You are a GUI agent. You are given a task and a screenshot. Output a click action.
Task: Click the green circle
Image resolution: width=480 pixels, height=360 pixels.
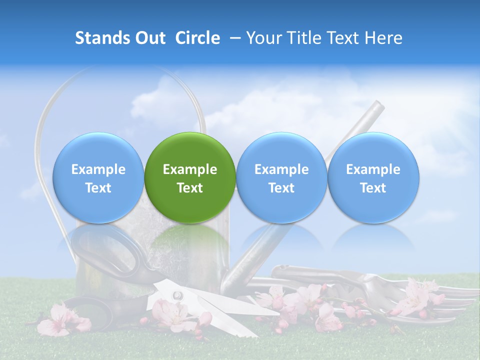pyautogui.click(x=190, y=178)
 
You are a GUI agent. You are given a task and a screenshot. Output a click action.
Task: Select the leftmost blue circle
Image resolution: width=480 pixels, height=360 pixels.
pyautogui.click(x=98, y=178)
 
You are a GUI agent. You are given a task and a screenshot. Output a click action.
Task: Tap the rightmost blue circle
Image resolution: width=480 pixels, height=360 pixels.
pyautogui.click(x=373, y=178)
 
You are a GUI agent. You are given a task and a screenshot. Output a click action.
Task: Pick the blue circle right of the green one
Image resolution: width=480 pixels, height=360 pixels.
pyautogui.click(x=281, y=178)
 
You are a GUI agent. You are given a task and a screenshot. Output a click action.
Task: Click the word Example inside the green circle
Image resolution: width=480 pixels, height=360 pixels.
pyautogui.click(x=190, y=169)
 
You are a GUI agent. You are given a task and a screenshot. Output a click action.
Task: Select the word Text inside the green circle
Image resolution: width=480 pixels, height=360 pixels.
pyautogui.click(x=190, y=188)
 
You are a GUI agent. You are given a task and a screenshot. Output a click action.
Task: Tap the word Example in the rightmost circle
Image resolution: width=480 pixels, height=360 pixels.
pyautogui.click(x=373, y=169)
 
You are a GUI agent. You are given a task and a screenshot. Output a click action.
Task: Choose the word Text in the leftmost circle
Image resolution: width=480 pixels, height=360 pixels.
pyautogui.click(x=98, y=188)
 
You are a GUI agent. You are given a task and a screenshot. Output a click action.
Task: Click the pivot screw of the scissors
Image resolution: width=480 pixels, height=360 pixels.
pyautogui.click(x=175, y=295)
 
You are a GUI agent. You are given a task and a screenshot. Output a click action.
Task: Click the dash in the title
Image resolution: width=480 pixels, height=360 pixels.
pyautogui.click(x=233, y=38)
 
